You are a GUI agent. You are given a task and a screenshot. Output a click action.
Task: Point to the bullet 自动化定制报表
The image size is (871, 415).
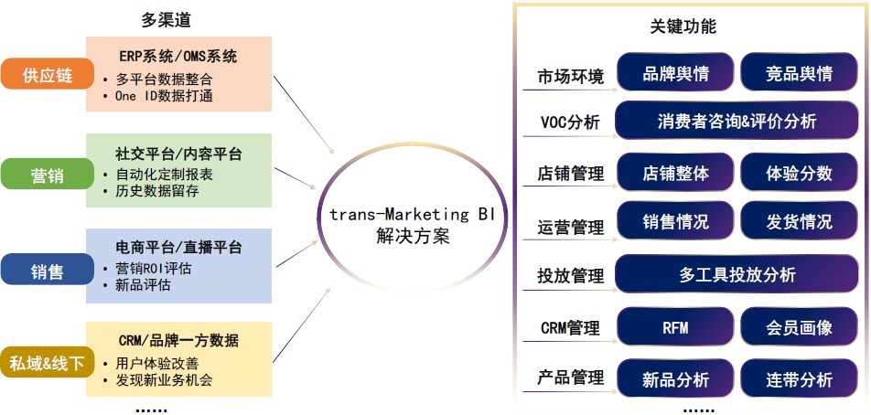165,175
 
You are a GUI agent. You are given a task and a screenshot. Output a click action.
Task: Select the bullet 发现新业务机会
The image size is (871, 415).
165,379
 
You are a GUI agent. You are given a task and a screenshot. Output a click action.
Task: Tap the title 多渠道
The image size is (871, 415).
167,19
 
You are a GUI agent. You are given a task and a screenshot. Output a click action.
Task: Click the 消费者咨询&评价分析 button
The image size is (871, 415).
737,121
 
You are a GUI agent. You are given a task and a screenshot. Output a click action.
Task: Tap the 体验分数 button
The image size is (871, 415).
799,173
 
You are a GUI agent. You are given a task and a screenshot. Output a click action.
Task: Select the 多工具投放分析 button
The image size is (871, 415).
737,274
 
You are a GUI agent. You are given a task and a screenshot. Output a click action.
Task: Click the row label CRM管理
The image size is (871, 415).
570,328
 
